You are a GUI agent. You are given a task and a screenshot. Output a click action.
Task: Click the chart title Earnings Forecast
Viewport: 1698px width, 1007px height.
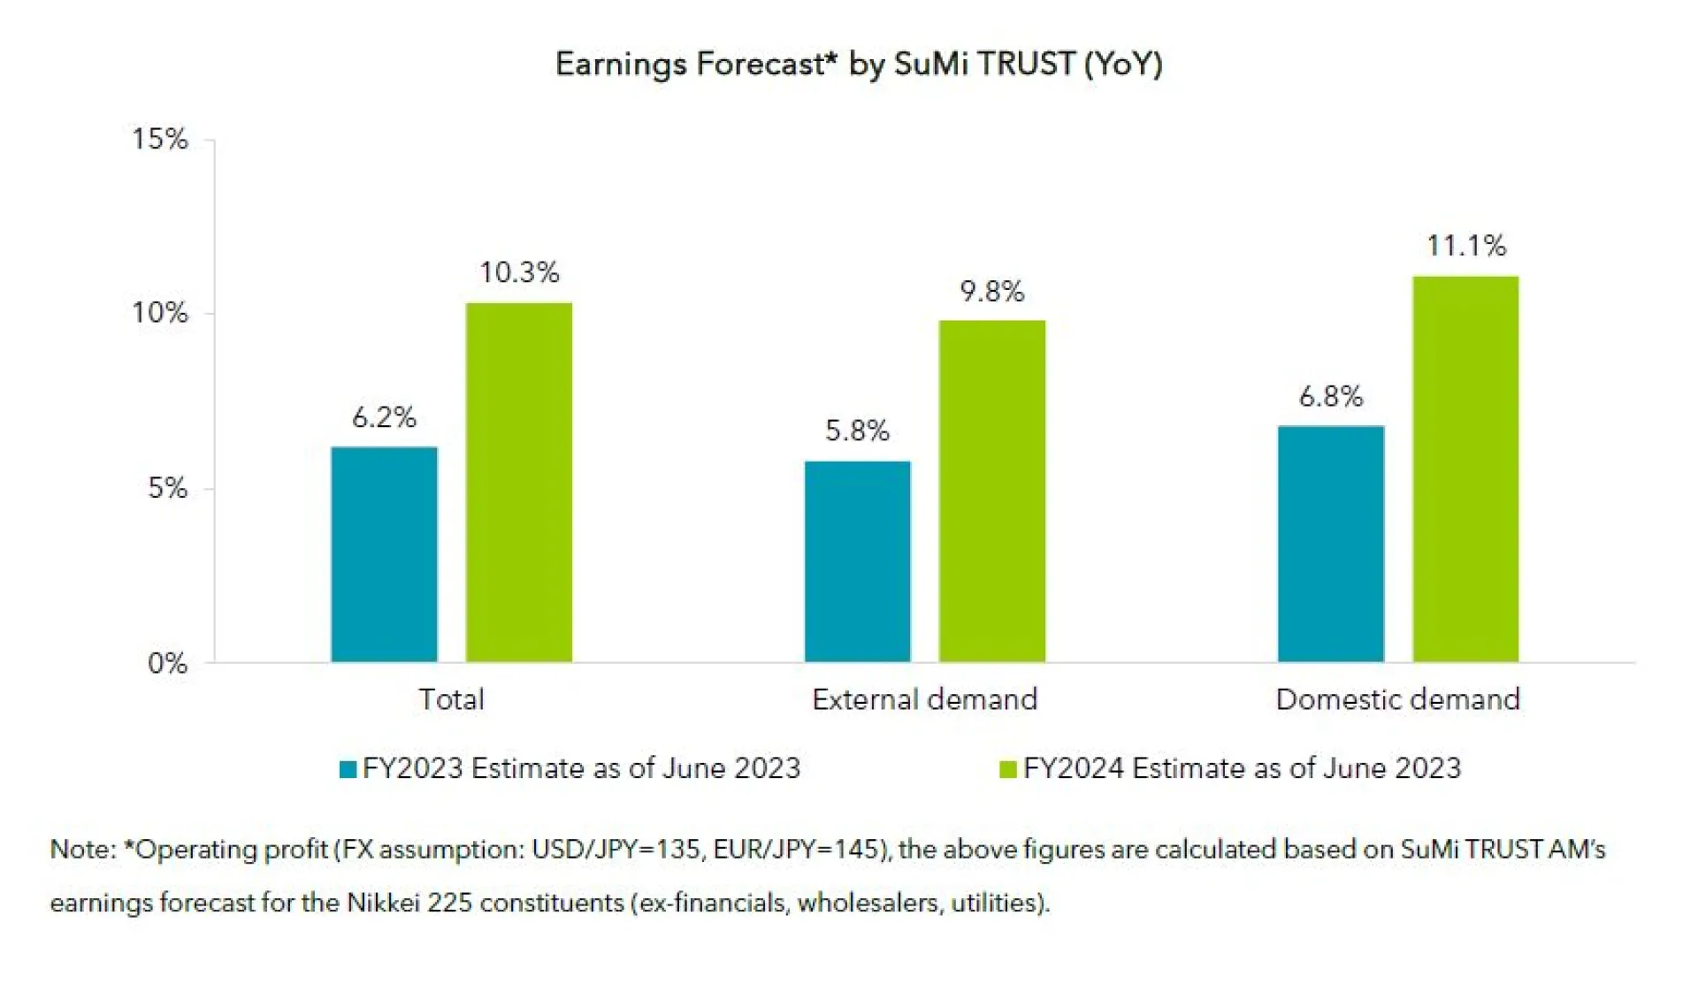[x=858, y=64]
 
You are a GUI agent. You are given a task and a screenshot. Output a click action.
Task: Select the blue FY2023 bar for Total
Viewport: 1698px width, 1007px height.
[x=384, y=554]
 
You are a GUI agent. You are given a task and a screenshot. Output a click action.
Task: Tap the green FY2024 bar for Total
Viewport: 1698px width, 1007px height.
[x=518, y=482]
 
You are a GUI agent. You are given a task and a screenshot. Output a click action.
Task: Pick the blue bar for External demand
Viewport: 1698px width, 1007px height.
[x=857, y=561]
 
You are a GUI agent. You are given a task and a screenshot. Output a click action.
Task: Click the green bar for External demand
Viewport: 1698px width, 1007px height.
[x=991, y=491]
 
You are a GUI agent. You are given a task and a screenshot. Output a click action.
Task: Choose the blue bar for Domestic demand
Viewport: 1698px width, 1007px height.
[x=1330, y=544]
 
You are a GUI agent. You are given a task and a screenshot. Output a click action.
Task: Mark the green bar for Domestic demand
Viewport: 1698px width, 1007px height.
[x=1465, y=469]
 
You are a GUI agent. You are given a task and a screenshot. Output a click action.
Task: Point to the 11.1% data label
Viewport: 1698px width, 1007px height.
[x=1465, y=245]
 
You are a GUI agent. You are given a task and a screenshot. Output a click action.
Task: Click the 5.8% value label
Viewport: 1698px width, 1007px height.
[x=856, y=431]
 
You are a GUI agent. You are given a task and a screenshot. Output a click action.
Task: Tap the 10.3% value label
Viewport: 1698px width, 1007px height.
[x=519, y=272]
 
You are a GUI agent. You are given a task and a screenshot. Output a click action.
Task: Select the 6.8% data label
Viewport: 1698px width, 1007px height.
[x=1330, y=396]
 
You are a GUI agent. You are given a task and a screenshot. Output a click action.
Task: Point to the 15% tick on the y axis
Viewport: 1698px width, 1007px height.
[x=160, y=139]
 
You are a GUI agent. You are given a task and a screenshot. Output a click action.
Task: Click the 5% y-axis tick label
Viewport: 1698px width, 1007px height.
[x=167, y=488]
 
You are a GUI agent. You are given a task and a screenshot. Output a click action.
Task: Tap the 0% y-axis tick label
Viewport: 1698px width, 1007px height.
[x=167, y=663]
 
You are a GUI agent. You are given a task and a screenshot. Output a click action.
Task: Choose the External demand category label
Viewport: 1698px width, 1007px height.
[x=924, y=699]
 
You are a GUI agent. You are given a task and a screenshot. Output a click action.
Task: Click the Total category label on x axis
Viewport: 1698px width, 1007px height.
[x=451, y=699]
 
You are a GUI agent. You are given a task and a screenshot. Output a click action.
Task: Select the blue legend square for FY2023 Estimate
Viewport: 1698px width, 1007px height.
[x=348, y=769]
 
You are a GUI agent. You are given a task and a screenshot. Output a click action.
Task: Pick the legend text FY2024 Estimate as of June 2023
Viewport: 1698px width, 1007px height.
[x=1242, y=768]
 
